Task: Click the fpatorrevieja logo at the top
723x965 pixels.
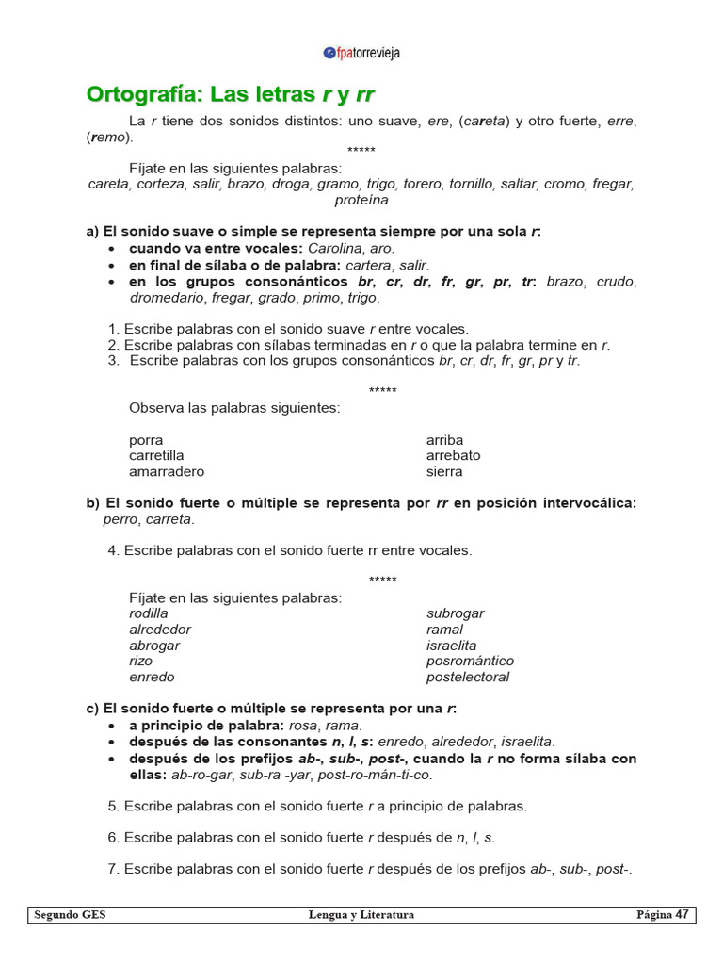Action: [x=361, y=53]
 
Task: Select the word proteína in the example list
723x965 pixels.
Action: [x=361, y=200]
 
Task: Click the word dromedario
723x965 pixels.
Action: [x=165, y=298]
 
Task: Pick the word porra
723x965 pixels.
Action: [x=146, y=440]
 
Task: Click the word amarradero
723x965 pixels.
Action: [x=167, y=471]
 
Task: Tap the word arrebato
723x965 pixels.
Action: [x=453, y=455]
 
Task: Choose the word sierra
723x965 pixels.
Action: [x=444, y=471]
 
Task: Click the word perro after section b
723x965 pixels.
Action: [x=120, y=519]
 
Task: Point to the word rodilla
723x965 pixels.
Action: [x=149, y=613]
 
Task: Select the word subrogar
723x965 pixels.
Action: [x=455, y=613]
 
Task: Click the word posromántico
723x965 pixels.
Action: [x=470, y=661]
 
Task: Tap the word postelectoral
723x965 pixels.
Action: [x=468, y=677]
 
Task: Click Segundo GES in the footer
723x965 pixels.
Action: [x=70, y=915]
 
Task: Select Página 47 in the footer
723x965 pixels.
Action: [x=663, y=915]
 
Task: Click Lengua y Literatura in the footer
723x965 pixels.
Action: [x=361, y=915]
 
